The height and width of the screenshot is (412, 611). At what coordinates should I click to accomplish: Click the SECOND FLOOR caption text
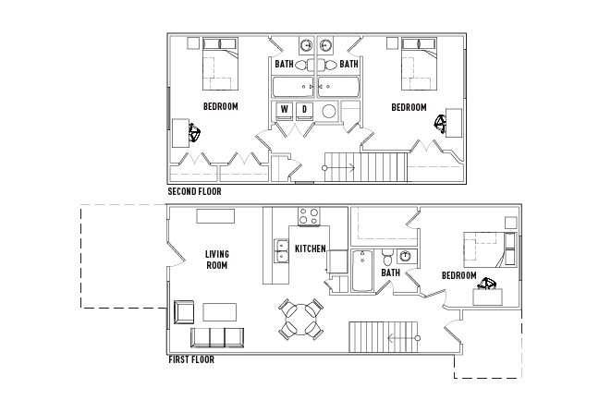pyautogui.click(x=194, y=192)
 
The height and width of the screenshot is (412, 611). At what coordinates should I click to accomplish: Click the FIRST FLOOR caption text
pyautogui.click(x=190, y=359)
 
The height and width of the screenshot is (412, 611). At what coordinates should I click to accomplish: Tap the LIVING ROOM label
pyautogui.click(x=217, y=260)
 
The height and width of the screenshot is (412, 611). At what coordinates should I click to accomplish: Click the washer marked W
pyautogui.click(x=285, y=111)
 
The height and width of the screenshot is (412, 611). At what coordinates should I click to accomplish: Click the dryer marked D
pyautogui.click(x=304, y=111)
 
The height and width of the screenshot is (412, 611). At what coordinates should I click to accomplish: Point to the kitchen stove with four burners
pyautogui.click(x=310, y=219)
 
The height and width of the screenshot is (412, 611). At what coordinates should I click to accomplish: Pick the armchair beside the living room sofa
pyautogui.click(x=182, y=312)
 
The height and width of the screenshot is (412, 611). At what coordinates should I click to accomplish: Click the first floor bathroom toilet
pyautogui.click(x=389, y=257)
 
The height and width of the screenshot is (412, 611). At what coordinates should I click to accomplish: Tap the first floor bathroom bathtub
pyautogui.click(x=363, y=271)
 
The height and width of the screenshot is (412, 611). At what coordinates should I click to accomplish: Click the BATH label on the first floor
pyautogui.click(x=391, y=273)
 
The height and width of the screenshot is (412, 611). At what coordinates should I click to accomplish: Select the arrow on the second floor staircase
pyautogui.click(x=339, y=167)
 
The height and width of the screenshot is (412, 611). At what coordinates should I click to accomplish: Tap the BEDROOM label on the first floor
pyautogui.click(x=458, y=276)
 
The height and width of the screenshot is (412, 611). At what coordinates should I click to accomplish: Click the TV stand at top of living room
pyautogui.click(x=214, y=216)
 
